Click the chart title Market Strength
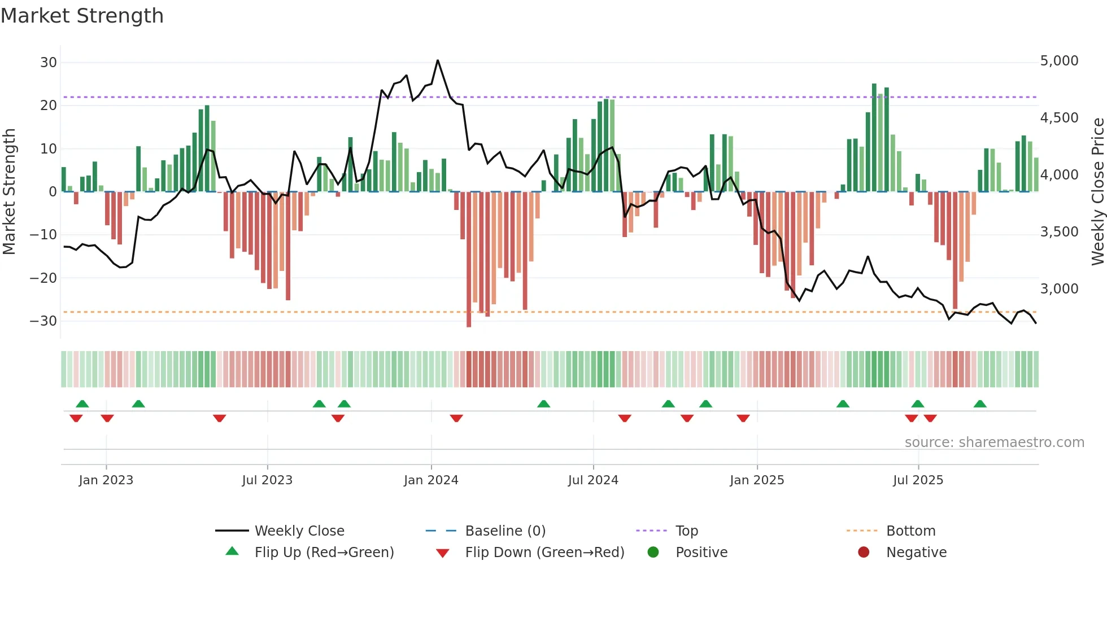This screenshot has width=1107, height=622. tap(82, 16)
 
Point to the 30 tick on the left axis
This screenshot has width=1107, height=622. tap(49, 63)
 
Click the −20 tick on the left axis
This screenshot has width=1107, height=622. tap(43, 278)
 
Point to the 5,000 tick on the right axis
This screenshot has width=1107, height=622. tap(1059, 61)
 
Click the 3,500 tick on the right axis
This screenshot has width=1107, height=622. tap(1059, 232)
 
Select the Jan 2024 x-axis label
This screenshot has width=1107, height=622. tap(431, 480)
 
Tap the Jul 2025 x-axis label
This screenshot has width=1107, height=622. tap(918, 480)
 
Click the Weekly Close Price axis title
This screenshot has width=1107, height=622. tap(1097, 191)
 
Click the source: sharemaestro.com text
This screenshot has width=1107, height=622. tap(994, 443)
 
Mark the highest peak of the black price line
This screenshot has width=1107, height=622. tap(438, 60)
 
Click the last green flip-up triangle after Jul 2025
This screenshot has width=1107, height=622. tap(980, 404)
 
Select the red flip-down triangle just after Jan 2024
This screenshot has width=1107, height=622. tap(456, 418)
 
